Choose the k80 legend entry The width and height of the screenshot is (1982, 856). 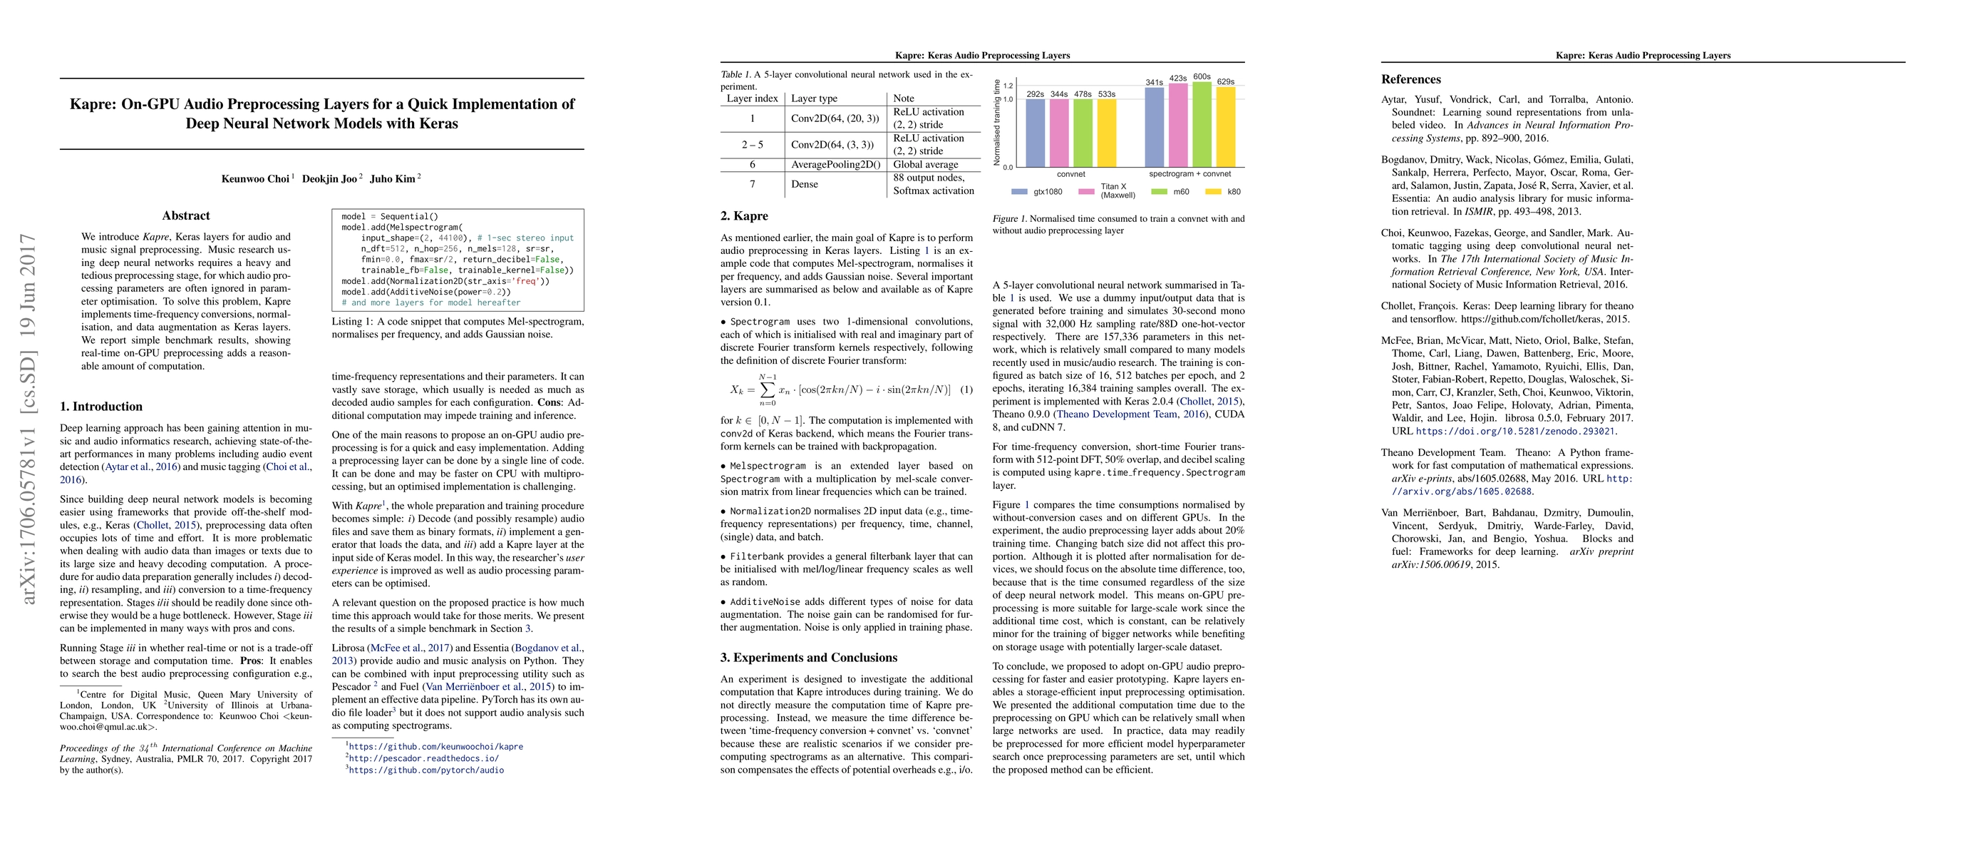[x=1224, y=192]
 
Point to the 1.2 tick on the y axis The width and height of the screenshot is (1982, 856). [x=1008, y=86]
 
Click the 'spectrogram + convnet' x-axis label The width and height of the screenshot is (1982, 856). [x=1189, y=174]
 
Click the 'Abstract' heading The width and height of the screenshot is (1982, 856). [x=186, y=215]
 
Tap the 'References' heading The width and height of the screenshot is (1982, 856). [x=1410, y=79]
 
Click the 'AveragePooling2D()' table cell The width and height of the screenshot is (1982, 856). [x=835, y=165]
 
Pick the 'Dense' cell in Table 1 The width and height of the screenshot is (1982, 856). [x=804, y=185]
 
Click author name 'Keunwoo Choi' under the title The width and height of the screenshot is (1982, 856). [x=255, y=178]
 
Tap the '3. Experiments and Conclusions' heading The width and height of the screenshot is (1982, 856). [x=809, y=658]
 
